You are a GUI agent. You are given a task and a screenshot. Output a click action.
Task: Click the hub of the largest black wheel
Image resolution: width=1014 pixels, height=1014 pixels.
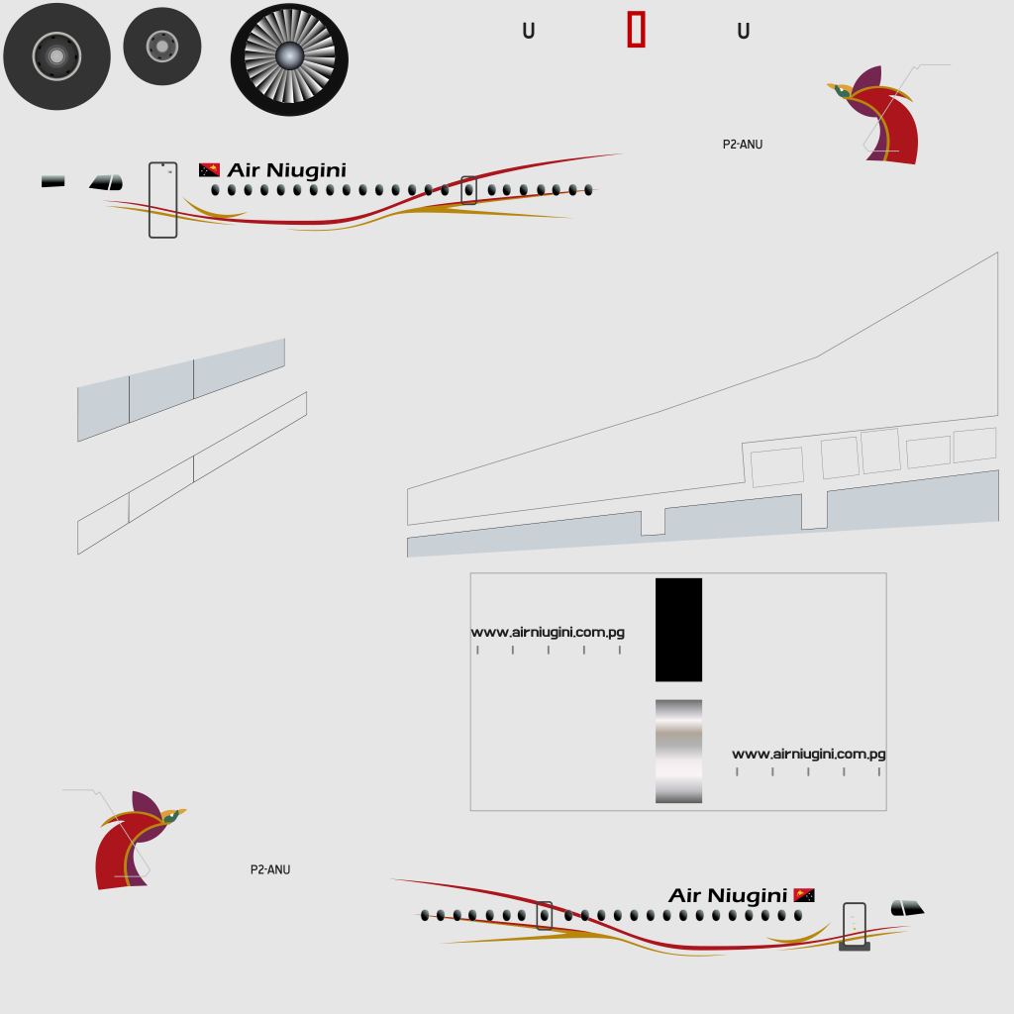[56, 56]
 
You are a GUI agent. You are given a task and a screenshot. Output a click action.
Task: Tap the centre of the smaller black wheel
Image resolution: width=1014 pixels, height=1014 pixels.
[162, 47]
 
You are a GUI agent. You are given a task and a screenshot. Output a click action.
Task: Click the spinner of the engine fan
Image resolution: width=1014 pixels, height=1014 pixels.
[289, 56]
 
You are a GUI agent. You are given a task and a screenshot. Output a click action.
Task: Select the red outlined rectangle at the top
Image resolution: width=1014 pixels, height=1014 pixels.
[637, 29]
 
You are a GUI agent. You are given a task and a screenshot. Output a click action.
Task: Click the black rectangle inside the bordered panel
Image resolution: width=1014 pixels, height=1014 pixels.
[678, 630]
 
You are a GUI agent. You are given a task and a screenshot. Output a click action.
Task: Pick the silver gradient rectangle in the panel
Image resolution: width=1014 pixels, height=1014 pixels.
[678, 752]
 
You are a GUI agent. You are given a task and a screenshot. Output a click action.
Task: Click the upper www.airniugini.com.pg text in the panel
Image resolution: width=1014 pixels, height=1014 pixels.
[548, 633]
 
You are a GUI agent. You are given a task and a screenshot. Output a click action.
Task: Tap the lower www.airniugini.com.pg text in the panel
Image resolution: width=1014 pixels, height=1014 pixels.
[809, 754]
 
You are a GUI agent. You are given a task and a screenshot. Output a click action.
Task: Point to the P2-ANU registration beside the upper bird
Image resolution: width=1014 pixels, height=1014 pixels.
[743, 145]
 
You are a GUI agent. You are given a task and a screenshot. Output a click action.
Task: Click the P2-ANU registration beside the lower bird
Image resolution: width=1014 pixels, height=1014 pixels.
[270, 869]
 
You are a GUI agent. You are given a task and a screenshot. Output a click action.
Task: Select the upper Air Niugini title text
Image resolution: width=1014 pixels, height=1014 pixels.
[286, 170]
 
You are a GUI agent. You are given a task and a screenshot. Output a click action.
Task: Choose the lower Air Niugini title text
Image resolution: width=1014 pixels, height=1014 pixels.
[728, 895]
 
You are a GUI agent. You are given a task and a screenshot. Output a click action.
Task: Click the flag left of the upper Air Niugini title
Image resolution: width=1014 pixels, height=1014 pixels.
[210, 170]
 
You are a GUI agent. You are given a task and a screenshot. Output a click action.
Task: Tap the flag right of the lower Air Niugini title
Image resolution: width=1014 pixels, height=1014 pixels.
[804, 895]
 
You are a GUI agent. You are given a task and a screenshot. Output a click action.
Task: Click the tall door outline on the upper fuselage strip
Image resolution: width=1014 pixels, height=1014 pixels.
[163, 200]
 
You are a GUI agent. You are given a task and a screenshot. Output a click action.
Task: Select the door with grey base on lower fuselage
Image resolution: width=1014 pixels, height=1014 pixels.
[855, 927]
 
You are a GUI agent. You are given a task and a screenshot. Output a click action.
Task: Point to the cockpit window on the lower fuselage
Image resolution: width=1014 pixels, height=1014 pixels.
[907, 908]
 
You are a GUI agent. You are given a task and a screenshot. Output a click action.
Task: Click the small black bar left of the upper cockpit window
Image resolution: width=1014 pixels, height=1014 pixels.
[53, 182]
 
